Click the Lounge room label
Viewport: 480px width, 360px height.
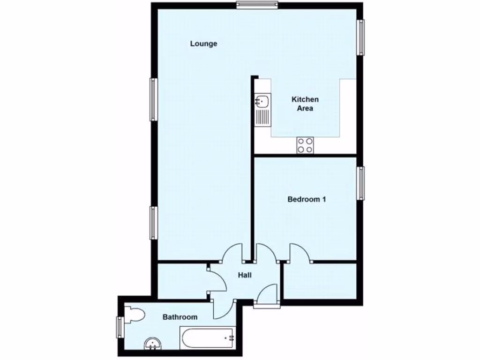(x=203, y=44)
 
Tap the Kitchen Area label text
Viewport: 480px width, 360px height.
(x=305, y=104)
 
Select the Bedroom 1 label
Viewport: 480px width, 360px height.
(x=307, y=199)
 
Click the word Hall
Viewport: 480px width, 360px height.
(x=245, y=275)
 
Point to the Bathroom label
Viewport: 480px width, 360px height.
(x=180, y=317)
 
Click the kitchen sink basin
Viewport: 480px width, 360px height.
(x=262, y=100)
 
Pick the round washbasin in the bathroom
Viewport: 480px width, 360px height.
(x=154, y=345)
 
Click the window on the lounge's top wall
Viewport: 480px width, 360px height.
(x=257, y=5)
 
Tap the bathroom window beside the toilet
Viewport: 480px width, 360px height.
(x=120, y=327)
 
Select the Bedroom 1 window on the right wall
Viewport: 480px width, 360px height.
(x=361, y=183)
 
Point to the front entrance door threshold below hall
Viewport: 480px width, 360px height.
(x=267, y=306)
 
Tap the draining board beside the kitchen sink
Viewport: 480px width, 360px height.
(x=262, y=116)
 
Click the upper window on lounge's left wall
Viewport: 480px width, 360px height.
(x=153, y=99)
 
